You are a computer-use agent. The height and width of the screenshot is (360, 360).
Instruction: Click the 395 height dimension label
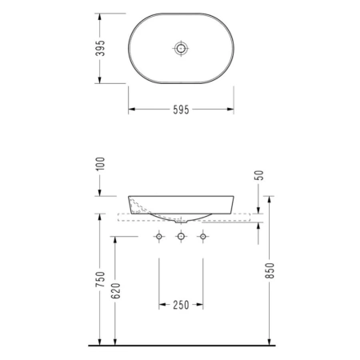click(100, 48)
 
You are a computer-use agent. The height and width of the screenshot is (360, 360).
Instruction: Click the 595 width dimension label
click(181, 110)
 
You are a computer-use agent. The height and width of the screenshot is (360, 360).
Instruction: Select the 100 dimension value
click(100, 164)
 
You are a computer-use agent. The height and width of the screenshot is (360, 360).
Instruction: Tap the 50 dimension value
click(259, 175)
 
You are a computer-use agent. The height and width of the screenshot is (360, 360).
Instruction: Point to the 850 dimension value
click(270, 270)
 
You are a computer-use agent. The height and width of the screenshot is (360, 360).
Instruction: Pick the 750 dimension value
click(100, 279)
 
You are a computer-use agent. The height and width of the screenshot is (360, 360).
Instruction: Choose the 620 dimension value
click(115, 290)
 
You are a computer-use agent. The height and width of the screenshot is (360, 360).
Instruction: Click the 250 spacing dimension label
click(181, 305)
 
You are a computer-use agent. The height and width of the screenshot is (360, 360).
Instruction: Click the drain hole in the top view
click(181, 48)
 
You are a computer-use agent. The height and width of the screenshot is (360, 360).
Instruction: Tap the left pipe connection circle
click(159, 236)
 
